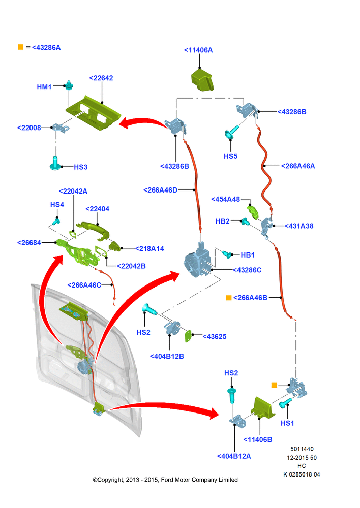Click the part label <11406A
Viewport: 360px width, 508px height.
[x=198, y=50]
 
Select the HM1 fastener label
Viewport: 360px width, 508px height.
[x=44, y=87]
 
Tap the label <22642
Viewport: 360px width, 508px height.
[x=101, y=78]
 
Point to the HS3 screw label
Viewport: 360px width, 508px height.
[x=81, y=167]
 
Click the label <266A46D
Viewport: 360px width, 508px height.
[x=160, y=190]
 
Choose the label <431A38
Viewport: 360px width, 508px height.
[x=299, y=226]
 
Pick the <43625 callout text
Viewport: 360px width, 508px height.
[x=215, y=337]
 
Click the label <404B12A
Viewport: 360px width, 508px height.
[x=234, y=456]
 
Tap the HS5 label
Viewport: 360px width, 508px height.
[x=231, y=156]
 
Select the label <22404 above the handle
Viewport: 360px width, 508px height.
[x=97, y=209]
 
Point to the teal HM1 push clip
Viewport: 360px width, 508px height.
[x=69, y=85]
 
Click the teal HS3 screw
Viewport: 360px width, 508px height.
[x=55, y=163]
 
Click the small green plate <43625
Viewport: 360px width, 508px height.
[x=188, y=336]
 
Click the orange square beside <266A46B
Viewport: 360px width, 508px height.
[x=229, y=297]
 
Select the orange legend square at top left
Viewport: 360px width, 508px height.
[x=20, y=47]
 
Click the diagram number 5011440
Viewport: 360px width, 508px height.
[x=302, y=449]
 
